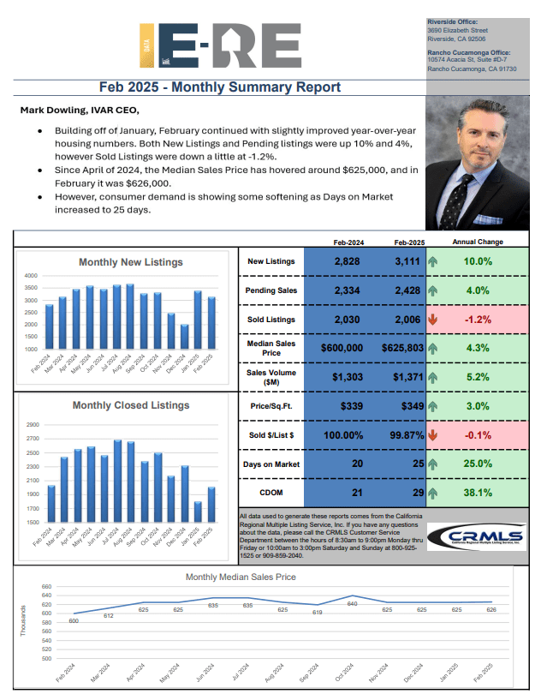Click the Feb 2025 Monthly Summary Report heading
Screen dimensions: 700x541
coord(220,87)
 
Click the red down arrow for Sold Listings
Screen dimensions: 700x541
coord(432,320)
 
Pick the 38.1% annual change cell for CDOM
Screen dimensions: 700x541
coord(478,493)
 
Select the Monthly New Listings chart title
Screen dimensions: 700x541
coord(130,262)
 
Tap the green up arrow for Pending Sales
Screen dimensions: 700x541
coord(432,290)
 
